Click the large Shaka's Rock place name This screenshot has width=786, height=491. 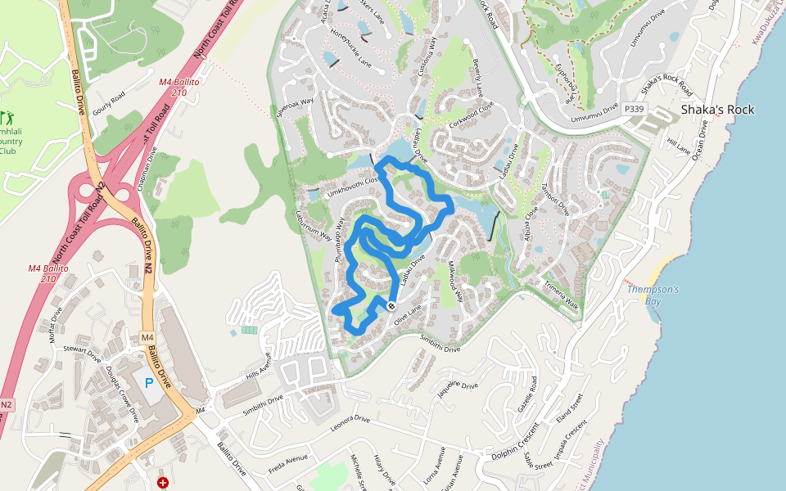click(717, 110)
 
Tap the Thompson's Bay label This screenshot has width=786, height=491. click(653, 295)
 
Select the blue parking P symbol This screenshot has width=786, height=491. click(149, 383)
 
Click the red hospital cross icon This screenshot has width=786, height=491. click(163, 483)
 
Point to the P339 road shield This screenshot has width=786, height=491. click(632, 109)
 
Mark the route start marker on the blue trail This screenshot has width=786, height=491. click(391, 306)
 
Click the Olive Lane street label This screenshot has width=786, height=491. click(407, 310)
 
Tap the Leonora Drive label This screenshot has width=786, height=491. click(350, 424)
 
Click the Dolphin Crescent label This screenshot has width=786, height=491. click(516, 441)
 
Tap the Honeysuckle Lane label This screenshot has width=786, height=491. click(351, 48)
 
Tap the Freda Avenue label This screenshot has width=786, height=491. click(287, 464)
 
